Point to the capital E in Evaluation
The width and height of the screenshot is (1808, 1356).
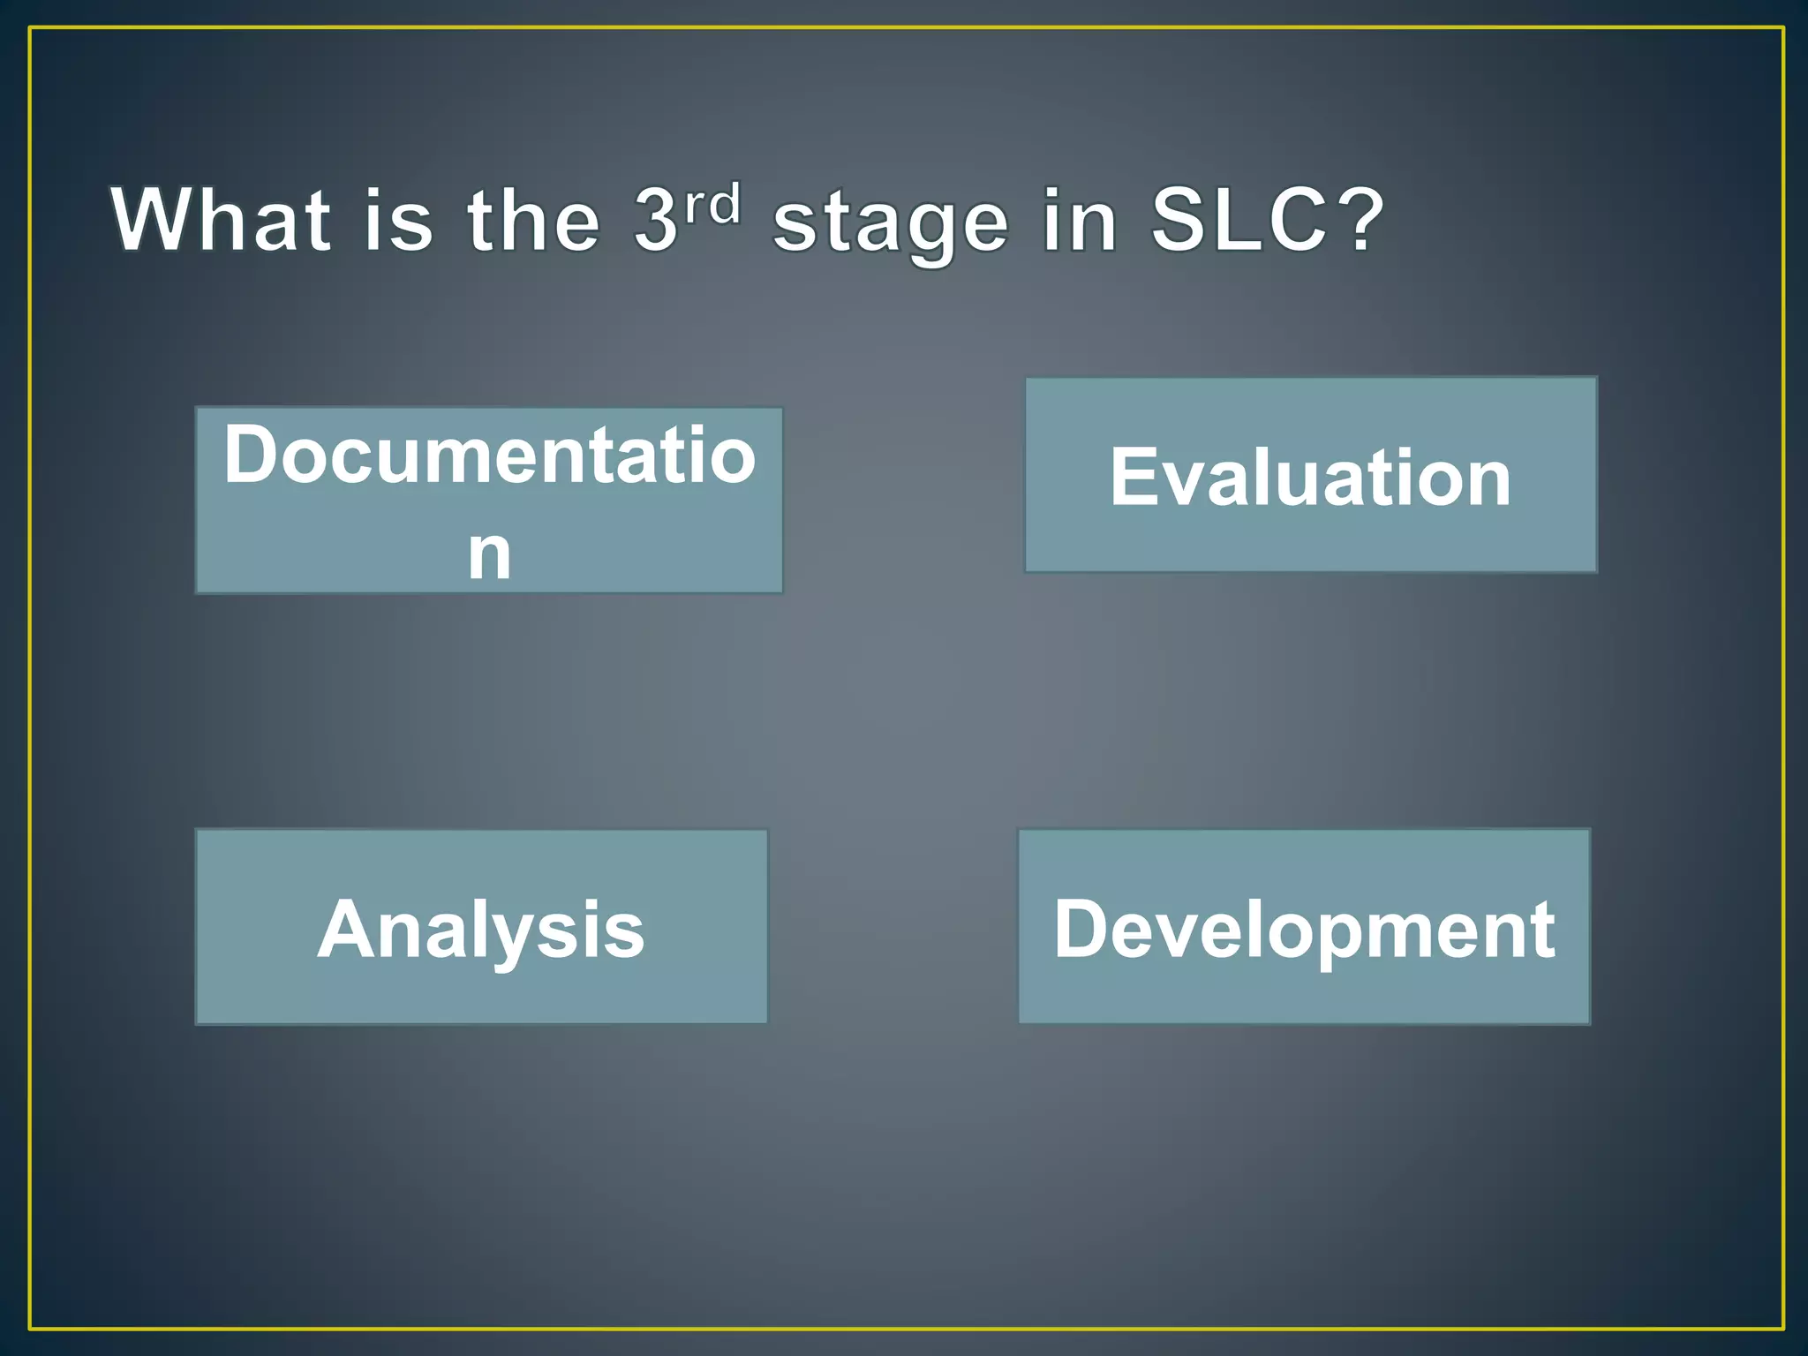(x=1133, y=477)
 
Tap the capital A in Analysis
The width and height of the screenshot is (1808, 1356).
(x=347, y=929)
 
